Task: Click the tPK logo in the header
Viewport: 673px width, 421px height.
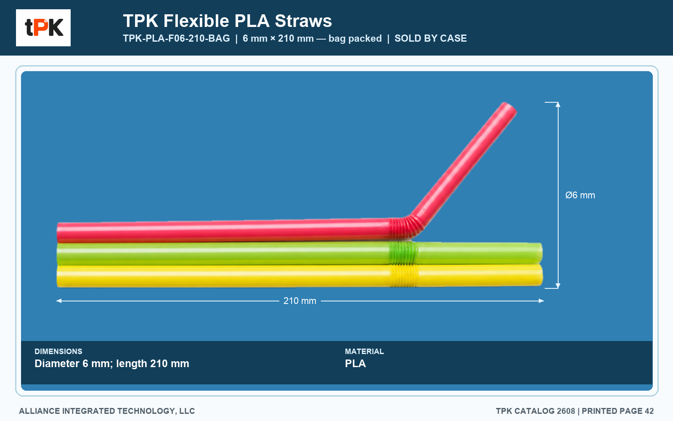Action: pos(43,28)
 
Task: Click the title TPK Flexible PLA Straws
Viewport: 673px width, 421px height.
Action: pos(228,21)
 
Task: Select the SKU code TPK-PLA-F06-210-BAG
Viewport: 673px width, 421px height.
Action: pos(176,38)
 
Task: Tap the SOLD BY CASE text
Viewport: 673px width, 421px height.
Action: pos(431,38)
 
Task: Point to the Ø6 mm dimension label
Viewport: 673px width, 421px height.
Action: pos(580,195)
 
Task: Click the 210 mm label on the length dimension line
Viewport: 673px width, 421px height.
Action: pos(300,301)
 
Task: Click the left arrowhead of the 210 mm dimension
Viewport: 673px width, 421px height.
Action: pos(59,301)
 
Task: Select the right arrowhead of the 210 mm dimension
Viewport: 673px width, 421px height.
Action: pos(541,301)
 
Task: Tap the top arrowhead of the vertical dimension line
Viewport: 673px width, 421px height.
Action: pos(558,105)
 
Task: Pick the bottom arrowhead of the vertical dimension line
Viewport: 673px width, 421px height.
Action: pos(558,286)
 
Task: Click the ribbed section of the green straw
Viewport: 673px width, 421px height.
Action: pos(403,253)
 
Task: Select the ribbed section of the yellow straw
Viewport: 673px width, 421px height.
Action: pos(404,275)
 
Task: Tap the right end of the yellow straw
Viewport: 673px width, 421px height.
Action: pos(541,275)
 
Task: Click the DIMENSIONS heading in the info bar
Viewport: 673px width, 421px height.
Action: pos(58,351)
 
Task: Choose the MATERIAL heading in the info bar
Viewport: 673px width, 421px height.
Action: pos(364,351)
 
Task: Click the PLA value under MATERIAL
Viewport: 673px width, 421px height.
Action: pos(355,364)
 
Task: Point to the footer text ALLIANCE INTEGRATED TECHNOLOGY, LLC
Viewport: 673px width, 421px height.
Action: pos(107,411)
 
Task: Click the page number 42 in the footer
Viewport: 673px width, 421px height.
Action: pos(649,411)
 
